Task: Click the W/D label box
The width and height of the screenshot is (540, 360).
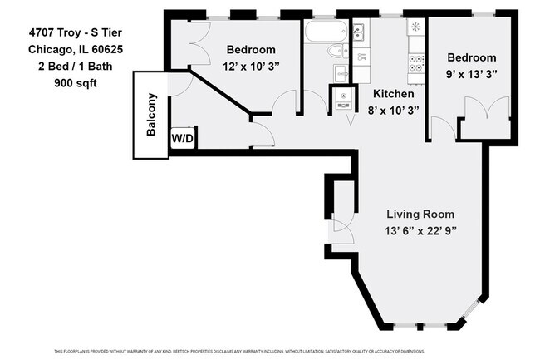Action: pyautogui.click(x=182, y=139)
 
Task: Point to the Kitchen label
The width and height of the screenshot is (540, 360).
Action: pyautogui.click(x=393, y=94)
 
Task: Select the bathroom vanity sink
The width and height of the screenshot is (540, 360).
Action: pyautogui.click(x=359, y=32)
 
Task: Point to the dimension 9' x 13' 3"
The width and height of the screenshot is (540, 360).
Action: pyautogui.click(x=472, y=73)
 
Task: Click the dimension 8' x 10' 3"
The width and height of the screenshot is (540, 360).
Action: pyautogui.click(x=393, y=110)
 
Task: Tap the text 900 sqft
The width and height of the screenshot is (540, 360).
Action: pyautogui.click(x=73, y=83)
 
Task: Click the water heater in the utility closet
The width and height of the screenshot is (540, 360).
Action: pyautogui.click(x=344, y=96)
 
